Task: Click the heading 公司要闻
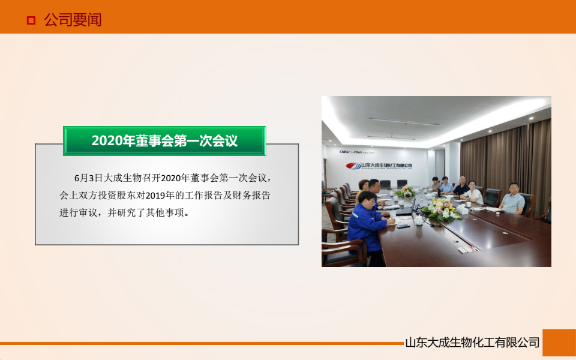[x=73, y=20]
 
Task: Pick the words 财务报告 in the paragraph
[x=251, y=195]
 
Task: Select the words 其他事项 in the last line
[x=167, y=212]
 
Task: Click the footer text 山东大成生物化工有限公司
[x=472, y=343]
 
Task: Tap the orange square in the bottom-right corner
[x=559, y=343]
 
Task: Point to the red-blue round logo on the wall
[x=353, y=166]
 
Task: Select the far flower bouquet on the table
[x=407, y=191]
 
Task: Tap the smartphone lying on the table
[x=403, y=226]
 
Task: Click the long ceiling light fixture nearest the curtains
[x=404, y=122]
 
